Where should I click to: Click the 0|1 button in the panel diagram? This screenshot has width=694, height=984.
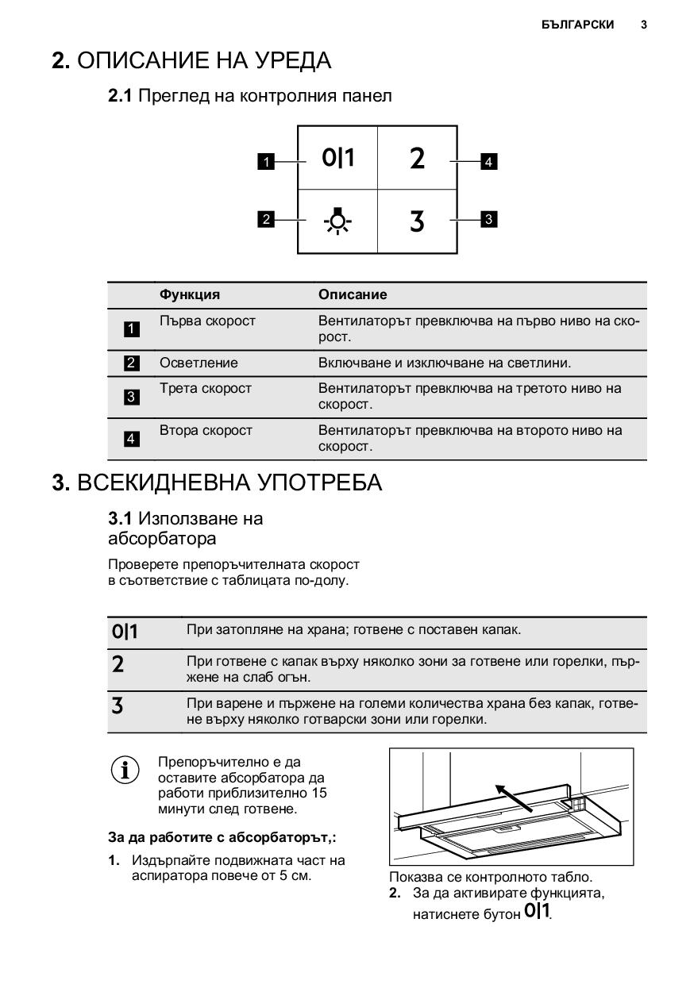tap(338, 158)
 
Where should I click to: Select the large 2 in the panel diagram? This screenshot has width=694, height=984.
tap(417, 159)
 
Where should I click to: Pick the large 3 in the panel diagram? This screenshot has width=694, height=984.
tap(417, 221)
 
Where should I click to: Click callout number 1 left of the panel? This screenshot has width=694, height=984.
tap(267, 162)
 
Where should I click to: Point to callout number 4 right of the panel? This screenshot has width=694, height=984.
tap(489, 162)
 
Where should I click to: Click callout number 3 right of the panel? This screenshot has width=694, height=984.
tap(489, 219)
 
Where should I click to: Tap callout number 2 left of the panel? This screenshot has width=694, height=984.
tap(267, 219)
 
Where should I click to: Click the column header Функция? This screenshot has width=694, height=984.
tap(190, 294)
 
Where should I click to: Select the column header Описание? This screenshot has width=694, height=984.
tap(353, 294)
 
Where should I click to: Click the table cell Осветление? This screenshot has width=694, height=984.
tap(199, 363)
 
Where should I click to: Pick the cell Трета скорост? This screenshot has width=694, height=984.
tap(206, 388)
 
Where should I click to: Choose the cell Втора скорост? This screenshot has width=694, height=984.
tap(206, 430)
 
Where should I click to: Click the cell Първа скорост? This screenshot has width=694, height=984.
tap(207, 321)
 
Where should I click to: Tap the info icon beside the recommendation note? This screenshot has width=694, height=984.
tap(125, 771)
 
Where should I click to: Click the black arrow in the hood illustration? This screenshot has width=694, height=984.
tap(513, 798)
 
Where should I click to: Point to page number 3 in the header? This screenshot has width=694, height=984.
tap(643, 25)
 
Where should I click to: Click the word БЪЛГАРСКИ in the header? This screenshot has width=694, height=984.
tap(577, 25)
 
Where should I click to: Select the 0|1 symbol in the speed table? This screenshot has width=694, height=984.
tap(125, 632)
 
